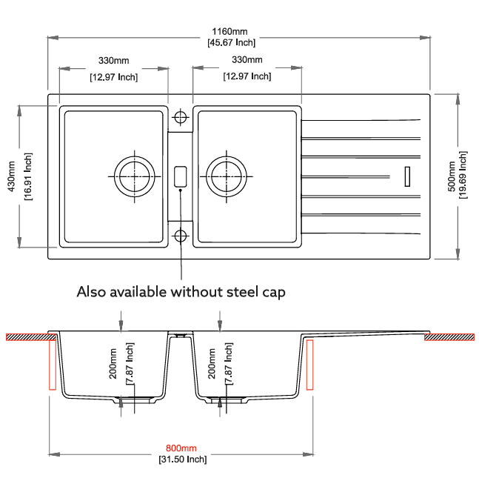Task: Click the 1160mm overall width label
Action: [x=230, y=32]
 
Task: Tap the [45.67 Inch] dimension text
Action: [x=231, y=42]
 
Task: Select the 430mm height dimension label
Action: [x=12, y=176]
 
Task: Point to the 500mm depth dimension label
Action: [x=452, y=176]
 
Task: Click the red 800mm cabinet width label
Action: [x=181, y=448]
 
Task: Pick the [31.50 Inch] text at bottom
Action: [x=182, y=459]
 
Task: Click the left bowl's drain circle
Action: [x=135, y=176]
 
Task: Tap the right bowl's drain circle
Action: [x=226, y=176]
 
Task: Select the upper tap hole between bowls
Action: [x=180, y=117]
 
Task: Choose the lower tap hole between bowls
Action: [x=180, y=236]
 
